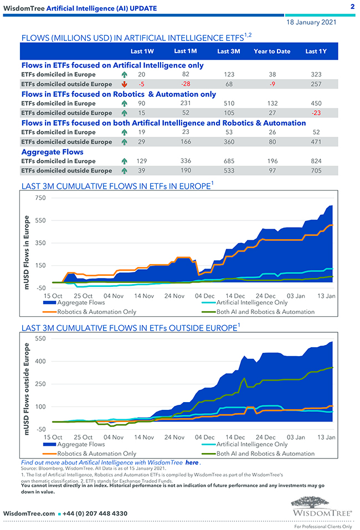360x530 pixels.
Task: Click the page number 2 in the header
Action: pos(352,7)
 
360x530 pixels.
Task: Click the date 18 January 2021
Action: pos(311,23)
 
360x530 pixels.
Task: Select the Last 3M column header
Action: pos(228,52)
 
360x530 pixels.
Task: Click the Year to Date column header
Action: pos(272,52)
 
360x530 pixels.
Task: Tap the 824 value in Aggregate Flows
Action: pos(316,161)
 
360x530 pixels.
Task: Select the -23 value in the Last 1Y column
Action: pos(316,113)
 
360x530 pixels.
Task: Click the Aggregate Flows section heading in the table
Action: pos(53,151)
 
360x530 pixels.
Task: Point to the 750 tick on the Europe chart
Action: pos(40,198)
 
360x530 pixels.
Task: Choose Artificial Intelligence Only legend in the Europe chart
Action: pos(251,303)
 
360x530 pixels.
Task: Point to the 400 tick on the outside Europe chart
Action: pos(40,361)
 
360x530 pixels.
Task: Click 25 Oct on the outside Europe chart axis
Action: pos(83,437)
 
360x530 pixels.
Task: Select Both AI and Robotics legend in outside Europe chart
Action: pos(265,454)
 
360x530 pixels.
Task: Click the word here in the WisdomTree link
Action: pos(192,462)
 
